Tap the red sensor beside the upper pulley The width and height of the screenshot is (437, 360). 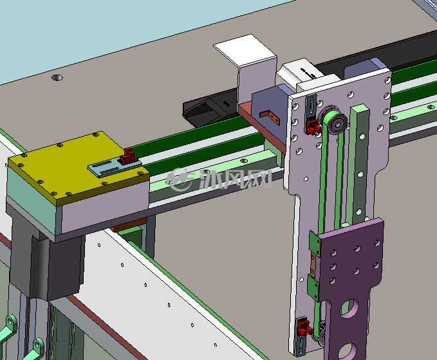(x=313, y=126)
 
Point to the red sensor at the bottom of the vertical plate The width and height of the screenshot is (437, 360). (x=304, y=328)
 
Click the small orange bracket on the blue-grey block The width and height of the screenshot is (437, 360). (x=270, y=116)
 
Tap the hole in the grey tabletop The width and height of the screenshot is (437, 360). (x=57, y=77)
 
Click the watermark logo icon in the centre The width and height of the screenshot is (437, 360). (x=180, y=179)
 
